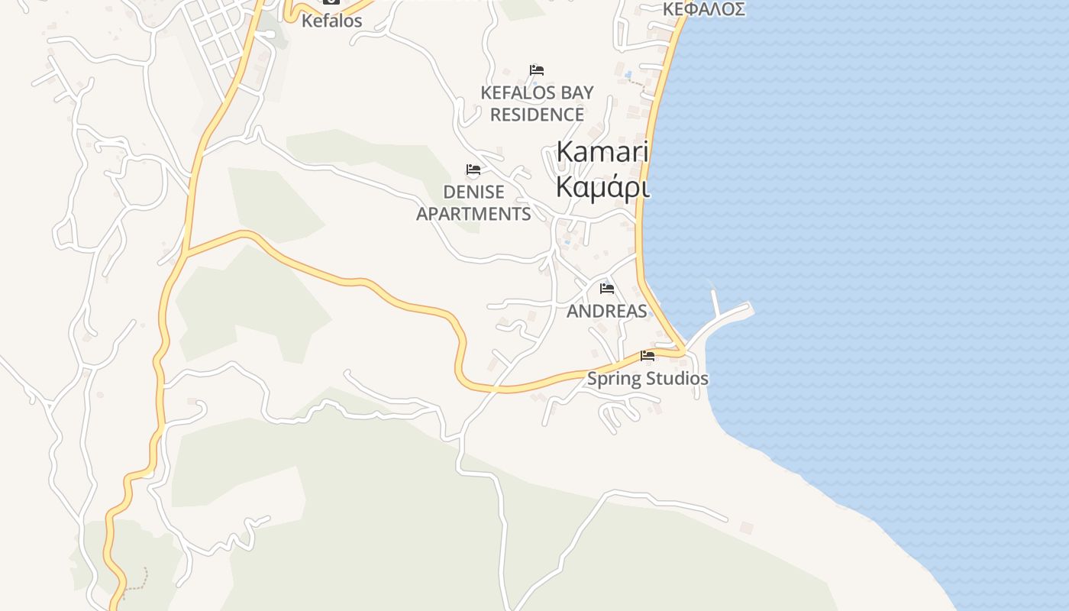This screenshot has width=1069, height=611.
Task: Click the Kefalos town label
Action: pos(331,21)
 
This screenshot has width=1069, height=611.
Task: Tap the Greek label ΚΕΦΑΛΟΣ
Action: pos(703,9)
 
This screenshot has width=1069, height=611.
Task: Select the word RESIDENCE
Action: pos(537,115)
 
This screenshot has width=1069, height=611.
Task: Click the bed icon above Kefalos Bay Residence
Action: pos(537,70)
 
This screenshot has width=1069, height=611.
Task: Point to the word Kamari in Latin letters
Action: pos(602,151)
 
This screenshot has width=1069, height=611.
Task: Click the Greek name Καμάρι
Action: pos(602,186)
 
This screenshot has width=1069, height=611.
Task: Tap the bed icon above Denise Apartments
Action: pos(473,170)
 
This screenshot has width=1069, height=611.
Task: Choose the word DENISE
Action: pos(473,191)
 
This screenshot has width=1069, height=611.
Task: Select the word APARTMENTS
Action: pos(473,214)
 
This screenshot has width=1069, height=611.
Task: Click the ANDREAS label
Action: pos(606,311)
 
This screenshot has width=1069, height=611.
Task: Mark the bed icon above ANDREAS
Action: pos(607,289)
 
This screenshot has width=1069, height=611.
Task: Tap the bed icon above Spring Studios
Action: pos(648,356)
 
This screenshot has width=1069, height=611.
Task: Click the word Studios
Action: pos(677,378)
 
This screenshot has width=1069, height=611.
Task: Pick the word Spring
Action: pos(614,378)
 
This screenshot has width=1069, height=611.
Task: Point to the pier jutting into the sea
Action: pos(725,317)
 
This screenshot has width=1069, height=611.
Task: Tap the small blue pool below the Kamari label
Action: pos(567,243)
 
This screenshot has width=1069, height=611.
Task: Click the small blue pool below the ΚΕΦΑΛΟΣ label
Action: pos(628,74)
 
